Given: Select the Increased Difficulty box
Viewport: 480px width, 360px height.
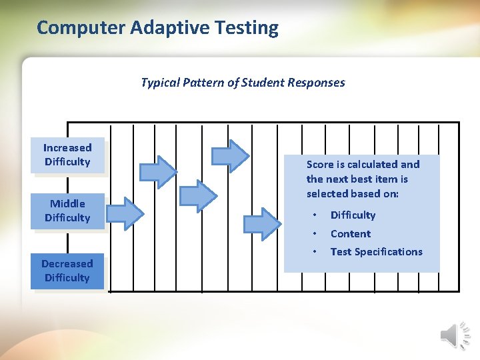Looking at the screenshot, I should (67, 155).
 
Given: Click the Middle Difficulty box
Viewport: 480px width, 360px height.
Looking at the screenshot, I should (67, 211).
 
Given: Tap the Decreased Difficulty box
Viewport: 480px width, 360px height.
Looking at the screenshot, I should (67, 271).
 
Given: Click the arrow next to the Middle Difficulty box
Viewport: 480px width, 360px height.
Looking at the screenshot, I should (125, 213).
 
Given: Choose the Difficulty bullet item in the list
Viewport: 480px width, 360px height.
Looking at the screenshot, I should (353, 215).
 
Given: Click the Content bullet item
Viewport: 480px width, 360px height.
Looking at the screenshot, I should (351, 233).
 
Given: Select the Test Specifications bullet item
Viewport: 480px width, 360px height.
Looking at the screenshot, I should (376, 251).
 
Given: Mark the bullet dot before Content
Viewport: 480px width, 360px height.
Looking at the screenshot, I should (314, 233).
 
